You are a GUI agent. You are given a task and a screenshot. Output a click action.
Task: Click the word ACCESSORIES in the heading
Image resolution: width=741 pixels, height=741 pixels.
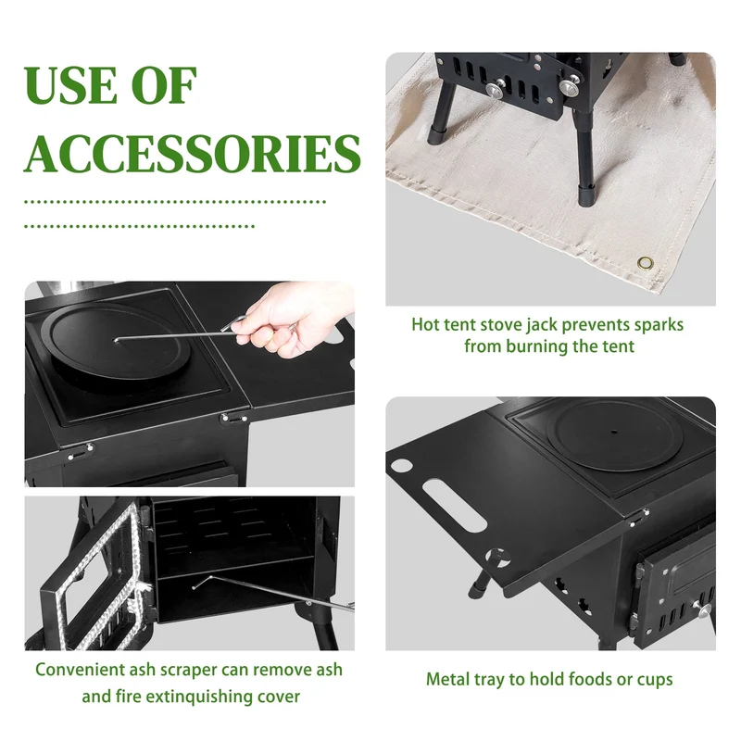193,154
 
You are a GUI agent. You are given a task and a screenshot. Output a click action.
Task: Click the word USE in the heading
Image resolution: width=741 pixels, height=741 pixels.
71,85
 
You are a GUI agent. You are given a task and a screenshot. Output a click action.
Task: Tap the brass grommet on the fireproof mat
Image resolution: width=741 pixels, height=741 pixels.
645,263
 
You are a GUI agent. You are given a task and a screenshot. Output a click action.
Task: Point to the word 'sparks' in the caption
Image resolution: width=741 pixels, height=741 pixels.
659,325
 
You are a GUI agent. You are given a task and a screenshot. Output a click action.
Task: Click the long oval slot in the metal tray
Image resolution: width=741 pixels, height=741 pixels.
454,505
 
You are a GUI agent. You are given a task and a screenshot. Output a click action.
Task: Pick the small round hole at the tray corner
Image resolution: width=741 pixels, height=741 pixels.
402,465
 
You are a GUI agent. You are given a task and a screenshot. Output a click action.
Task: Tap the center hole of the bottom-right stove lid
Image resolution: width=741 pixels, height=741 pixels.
614,432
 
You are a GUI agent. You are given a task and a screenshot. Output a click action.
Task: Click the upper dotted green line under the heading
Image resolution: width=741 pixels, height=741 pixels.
175,202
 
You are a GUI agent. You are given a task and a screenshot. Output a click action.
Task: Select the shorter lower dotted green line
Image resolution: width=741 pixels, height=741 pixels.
139,227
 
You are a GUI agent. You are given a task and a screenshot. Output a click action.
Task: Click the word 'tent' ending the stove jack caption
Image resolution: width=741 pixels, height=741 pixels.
617,346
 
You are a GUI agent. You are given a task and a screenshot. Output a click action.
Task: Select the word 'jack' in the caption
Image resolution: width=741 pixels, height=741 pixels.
541,325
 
